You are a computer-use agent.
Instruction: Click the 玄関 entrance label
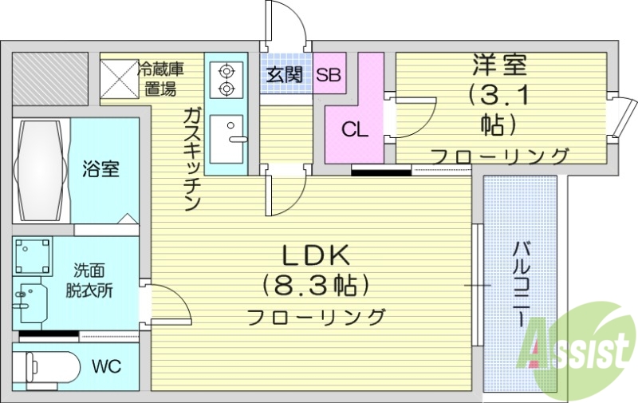[283, 76]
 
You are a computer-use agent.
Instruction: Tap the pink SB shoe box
[329, 76]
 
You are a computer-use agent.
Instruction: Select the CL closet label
[355, 129]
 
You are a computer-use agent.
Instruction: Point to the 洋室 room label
[501, 64]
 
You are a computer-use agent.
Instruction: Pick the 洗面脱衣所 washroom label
[94, 279]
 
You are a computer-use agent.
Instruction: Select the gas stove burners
[226, 78]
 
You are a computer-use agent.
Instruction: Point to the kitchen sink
[231, 132]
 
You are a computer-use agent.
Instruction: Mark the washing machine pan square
[32, 256]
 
